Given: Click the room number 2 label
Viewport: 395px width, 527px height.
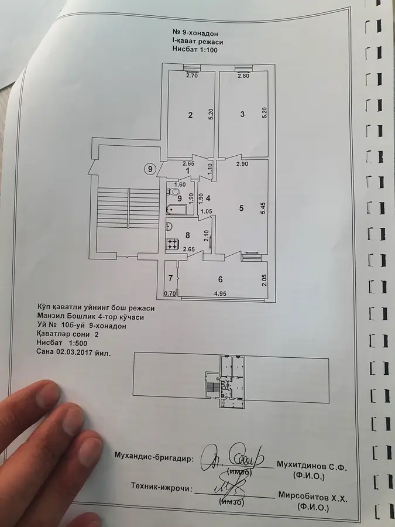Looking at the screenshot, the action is [x=190, y=115].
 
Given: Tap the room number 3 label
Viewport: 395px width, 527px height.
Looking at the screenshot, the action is [x=242, y=114].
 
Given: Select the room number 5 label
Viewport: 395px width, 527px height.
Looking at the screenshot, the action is [x=241, y=208].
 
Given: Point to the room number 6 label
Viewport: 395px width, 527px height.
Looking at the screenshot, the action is [x=221, y=279].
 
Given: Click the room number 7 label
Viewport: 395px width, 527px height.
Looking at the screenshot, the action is [x=171, y=278].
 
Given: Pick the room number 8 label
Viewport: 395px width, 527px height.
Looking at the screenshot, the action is [x=187, y=235].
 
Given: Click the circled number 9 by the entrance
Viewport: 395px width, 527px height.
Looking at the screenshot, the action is [x=150, y=169].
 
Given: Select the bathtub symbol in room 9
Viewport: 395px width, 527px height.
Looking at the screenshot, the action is [x=176, y=210].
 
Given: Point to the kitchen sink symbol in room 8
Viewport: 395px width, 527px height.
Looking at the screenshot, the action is [x=169, y=227].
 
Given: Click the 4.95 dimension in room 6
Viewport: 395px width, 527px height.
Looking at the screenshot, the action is [x=221, y=293].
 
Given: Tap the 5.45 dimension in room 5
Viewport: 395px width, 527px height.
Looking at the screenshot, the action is [x=264, y=208].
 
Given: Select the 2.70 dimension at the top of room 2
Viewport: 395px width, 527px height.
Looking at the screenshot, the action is [x=192, y=76].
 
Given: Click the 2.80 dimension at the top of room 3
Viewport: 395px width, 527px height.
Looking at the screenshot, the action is [x=243, y=76].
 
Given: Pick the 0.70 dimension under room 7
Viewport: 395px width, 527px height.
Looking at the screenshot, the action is [x=170, y=293].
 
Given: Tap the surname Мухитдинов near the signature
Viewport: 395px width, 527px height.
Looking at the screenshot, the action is [x=301, y=466].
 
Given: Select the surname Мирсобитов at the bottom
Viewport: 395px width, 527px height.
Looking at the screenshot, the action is [x=301, y=497].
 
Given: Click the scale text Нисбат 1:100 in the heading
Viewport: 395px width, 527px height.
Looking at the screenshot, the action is [x=195, y=50].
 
